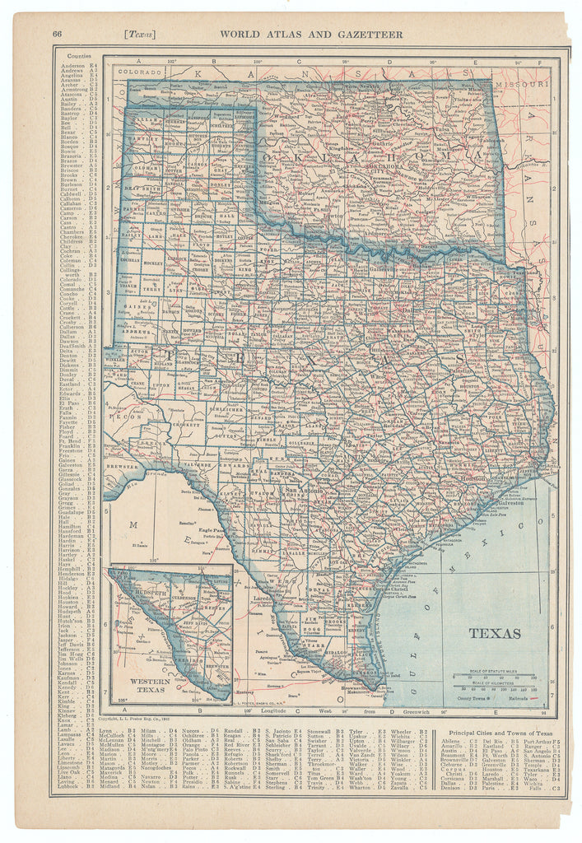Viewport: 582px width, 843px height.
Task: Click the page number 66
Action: [x=57, y=34]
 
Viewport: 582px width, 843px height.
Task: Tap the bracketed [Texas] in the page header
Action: [x=140, y=34]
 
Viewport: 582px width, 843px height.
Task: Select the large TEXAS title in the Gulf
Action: [x=495, y=633]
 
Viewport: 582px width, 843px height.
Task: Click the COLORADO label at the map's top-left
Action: [x=135, y=72]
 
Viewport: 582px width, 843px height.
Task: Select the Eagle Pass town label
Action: [x=212, y=533]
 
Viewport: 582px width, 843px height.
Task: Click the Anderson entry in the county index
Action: [x=72, y=65]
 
